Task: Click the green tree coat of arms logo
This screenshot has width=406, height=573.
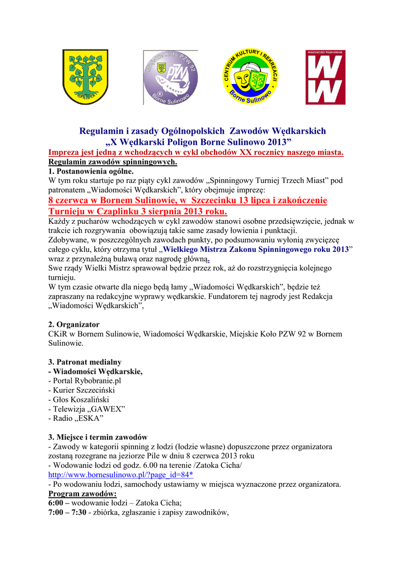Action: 85,77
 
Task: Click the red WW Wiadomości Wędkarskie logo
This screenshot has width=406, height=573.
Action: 325,77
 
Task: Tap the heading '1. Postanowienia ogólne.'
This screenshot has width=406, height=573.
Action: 91,171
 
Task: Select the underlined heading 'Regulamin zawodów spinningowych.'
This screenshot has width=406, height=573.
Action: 113,162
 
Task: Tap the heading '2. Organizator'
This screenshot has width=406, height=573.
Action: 74,325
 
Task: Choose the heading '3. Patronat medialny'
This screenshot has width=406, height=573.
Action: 85,362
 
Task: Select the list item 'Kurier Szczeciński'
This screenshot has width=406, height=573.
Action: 83,390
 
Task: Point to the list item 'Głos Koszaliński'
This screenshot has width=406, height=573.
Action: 81,400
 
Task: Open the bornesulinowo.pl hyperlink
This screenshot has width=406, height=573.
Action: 120,475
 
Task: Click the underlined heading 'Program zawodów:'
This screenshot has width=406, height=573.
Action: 83,494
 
